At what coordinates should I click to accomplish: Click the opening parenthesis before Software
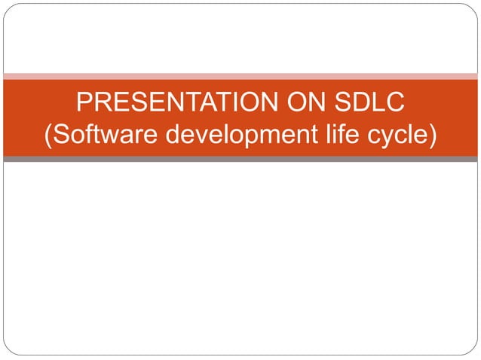[x=50, y=137]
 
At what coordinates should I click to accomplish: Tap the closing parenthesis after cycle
[x=433, y=137]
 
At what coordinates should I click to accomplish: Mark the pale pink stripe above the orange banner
[x=240, y=76]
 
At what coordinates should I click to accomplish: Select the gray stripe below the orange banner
[x=240, y=159]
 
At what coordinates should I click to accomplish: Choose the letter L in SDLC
[x=378, y=102]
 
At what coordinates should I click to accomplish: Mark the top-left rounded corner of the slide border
[x=8, y=8]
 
